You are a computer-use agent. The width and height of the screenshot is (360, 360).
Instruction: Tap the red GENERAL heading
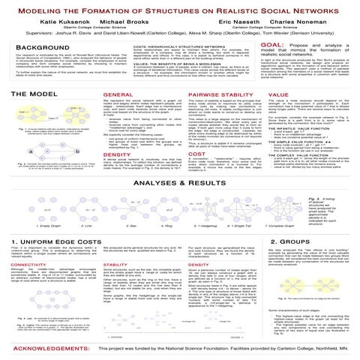(115, 108)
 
